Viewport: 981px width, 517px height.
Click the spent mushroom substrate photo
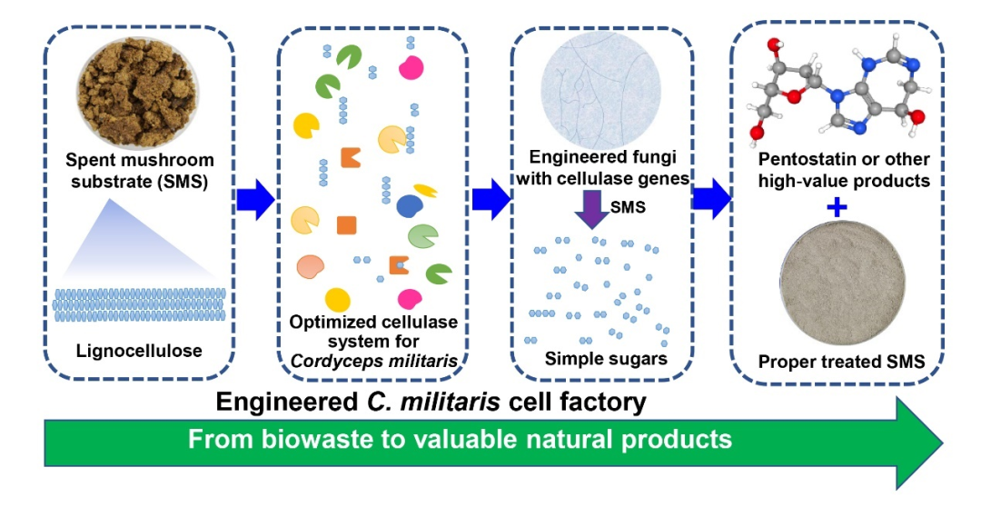(x=139, y=93)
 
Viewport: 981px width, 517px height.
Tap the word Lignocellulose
(x=139, y=351)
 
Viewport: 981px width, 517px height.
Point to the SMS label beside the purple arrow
(x=628, y=207)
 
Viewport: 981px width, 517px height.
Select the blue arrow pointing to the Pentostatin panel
(x=711, y=199)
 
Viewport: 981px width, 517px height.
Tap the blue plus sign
(x=837, y=208)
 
